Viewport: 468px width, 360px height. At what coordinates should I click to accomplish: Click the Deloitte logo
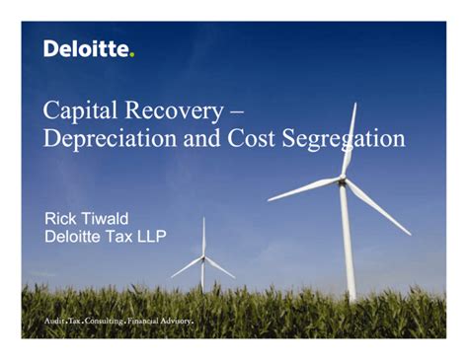click(x=87, y=49)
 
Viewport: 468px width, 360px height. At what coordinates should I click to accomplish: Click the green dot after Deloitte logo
click(x=131, y=54)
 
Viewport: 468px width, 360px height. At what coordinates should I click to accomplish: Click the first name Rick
click(x=64, y=217)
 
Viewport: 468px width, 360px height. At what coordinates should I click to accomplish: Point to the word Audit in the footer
click(x=55, y=322)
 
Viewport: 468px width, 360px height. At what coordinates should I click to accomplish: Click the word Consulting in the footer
click(x=110, y=322)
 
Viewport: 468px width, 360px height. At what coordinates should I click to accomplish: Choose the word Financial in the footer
click(x=158, y=322)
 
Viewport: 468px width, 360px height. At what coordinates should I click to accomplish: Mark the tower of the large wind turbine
click(x=348, y=247)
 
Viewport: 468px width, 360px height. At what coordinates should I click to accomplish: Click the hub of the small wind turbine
click(x=203, y=257)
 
